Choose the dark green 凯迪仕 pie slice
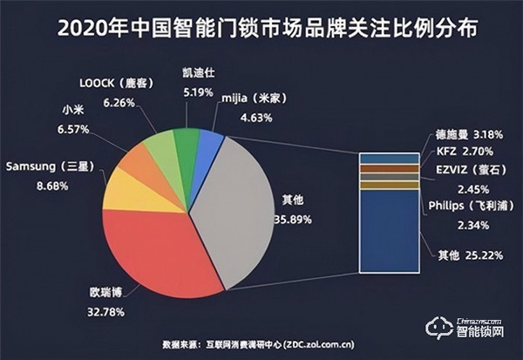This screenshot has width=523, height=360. pyautogui.click(x=186, y=141)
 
